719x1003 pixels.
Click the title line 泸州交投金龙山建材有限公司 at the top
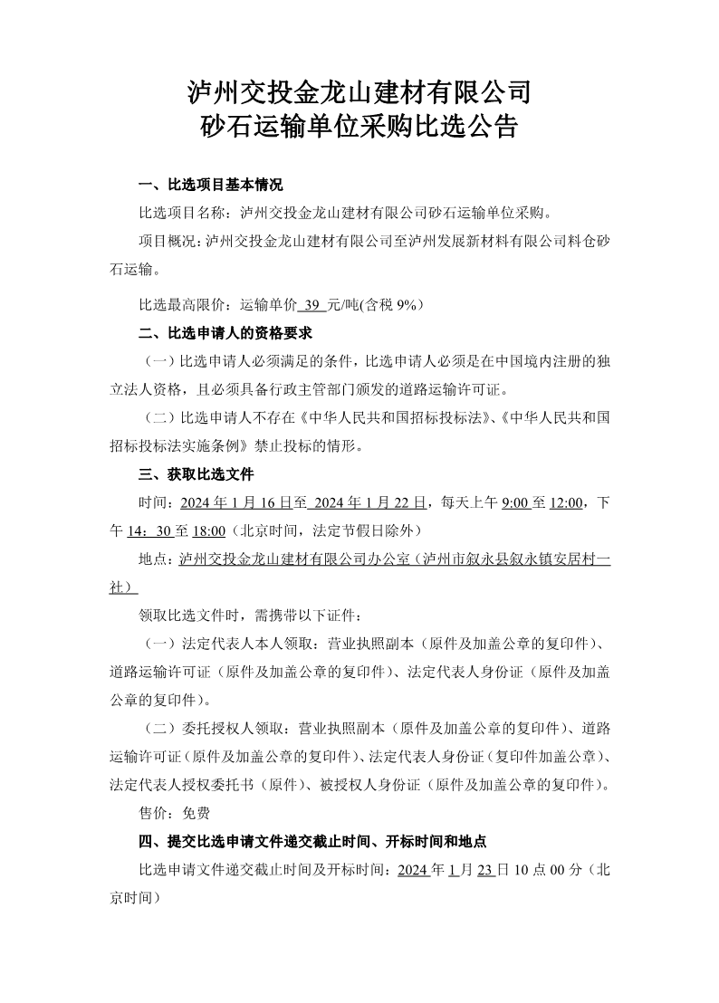tap(359, 91)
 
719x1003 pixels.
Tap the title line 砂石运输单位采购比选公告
tap(359, 127)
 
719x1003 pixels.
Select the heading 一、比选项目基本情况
tap(210, 186)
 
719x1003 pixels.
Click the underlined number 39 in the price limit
tap(313, 304)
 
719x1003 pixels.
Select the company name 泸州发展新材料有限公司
tap(477, 241)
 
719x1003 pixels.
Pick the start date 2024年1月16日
tap(235, 502)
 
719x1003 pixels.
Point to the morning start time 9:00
tap(514, 502)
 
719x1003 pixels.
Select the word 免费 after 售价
tap(197, 813)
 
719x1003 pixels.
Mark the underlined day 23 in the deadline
tap(484, 870)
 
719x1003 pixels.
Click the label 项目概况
tap(168, 241)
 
